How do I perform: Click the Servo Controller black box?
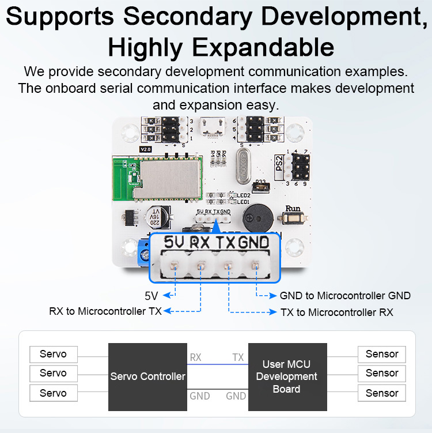point(148,376)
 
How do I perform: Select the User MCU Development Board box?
point(286,376)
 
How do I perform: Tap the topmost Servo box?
point(53,354)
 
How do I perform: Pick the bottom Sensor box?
point(382,393)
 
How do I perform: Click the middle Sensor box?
point(382,373)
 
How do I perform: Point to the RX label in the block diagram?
point(196,357)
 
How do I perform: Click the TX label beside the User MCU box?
point(238,357)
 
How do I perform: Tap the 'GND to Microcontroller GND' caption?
point(345,296)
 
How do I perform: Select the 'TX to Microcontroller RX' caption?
point(336,312)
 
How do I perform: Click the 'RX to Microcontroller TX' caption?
point(105,312)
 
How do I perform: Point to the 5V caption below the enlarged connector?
point(151,296)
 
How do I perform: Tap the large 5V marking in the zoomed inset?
point(174,243)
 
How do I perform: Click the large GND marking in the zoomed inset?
point(254,243)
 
